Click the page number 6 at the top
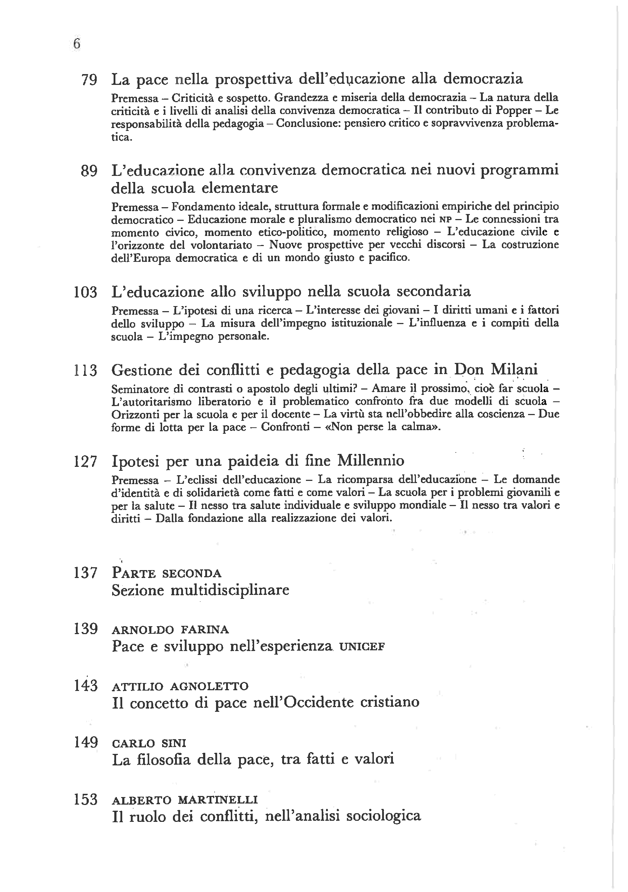77,44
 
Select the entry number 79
89,80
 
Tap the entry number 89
89,171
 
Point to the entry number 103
86,292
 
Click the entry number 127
86,461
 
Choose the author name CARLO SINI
149,743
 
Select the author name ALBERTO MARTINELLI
185,800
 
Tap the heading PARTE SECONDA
166,573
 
